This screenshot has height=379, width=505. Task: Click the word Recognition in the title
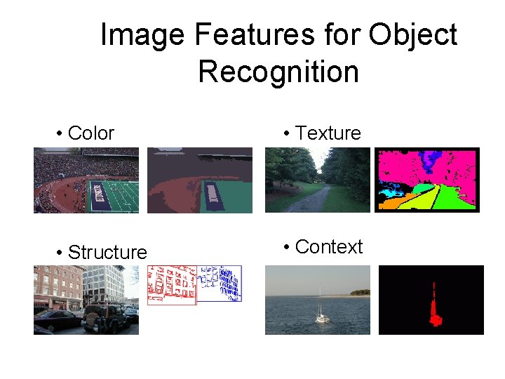(x=278, y=72)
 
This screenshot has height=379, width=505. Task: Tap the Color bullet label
(x=90, y=133)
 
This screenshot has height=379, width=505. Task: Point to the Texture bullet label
(x=328, y=133)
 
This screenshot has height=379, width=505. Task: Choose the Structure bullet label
(x=107, y=252)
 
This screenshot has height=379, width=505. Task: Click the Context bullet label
(x=328, y=247)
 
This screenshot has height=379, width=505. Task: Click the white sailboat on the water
(x=321, y=314)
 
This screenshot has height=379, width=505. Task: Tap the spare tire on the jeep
(x=93, y=320)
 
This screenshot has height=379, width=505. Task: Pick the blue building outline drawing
(x=220, y=284)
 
